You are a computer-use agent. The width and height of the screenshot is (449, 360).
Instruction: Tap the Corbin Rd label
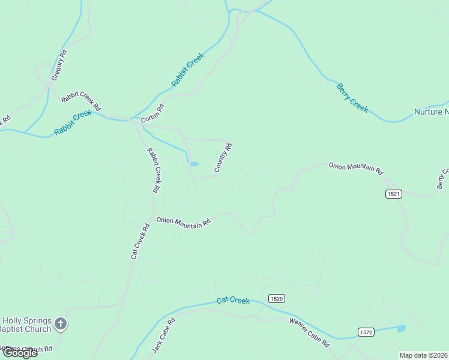coord(153,113)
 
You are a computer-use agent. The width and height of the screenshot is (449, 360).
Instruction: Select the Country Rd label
coord(223,157)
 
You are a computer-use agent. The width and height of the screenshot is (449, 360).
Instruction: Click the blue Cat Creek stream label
coord(233,300)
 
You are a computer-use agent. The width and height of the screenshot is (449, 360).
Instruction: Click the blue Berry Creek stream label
coord(352,97)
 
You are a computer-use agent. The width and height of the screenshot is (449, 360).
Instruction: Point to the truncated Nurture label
coord(431,112)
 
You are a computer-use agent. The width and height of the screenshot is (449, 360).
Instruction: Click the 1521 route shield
coord(393,194)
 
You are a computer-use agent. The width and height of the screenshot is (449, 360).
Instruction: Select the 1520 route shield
coord(276,299)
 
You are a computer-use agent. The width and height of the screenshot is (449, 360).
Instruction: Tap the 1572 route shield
coord(366,332)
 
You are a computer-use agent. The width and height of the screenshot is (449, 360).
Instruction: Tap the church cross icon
coord(60,325)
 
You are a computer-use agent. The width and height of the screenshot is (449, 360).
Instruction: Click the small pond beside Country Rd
coord(194,163)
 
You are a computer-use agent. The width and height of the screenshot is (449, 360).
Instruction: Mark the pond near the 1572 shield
coord(400,328)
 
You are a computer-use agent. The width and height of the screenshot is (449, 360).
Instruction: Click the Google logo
coord(19,352)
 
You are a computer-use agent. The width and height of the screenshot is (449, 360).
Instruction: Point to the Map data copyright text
coord(424,355)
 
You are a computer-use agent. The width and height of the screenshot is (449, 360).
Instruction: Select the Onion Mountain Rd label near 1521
coord(355,167)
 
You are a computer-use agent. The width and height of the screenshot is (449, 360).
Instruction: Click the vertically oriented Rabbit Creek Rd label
coord(154,170)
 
